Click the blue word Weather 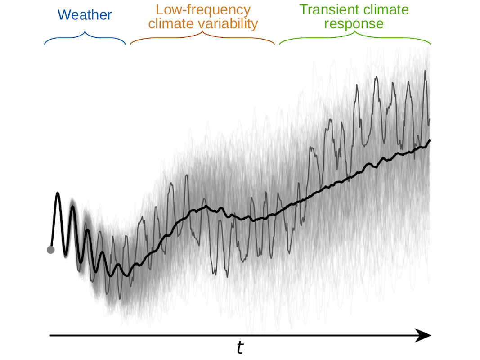tap(85, 15)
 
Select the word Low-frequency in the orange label tap(203, 9)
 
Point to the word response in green tap(354, 24)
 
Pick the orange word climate tap(168, 24)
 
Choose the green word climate tap(387, 9)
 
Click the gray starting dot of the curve tap(50, 250)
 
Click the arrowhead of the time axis tap(425, 335)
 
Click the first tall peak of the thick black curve tap(58, 193)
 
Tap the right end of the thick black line tap(430, 140)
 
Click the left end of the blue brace tap(45, 45)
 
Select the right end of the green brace tap(431, 45)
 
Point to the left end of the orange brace tap(130, 45)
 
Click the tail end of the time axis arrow tap(50, 335)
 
